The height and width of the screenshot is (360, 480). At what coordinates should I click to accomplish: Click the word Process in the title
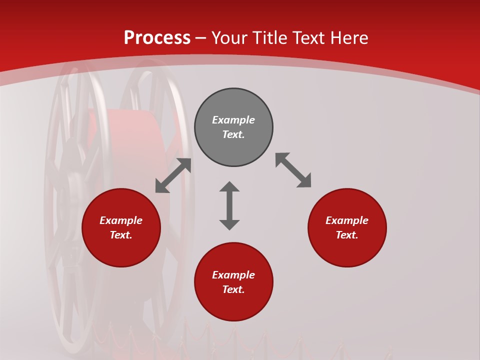click(x=157, y=38)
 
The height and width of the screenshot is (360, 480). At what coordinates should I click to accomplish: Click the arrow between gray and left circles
click(x=173, y=175)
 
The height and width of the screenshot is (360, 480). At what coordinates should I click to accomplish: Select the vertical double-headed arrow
click(x=229, y=206)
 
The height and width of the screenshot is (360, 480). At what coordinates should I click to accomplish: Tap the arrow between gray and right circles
click(x=293, y=170)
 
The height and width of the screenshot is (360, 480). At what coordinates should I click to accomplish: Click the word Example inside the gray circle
click(x=233, y=120)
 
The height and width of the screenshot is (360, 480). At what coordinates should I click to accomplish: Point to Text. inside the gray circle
click(x=233, y=134)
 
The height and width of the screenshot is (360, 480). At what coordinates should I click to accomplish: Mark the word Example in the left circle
click(x=121, y=220)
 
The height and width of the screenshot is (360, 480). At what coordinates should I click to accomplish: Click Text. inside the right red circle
click(x=347, y=235)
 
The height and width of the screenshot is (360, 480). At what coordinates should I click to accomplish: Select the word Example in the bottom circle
click(x=233, y=275)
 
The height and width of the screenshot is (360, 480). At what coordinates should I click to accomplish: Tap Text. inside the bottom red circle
click(x=233, y=289)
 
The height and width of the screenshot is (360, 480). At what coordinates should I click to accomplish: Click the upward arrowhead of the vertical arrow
click(x=229, y=187)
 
